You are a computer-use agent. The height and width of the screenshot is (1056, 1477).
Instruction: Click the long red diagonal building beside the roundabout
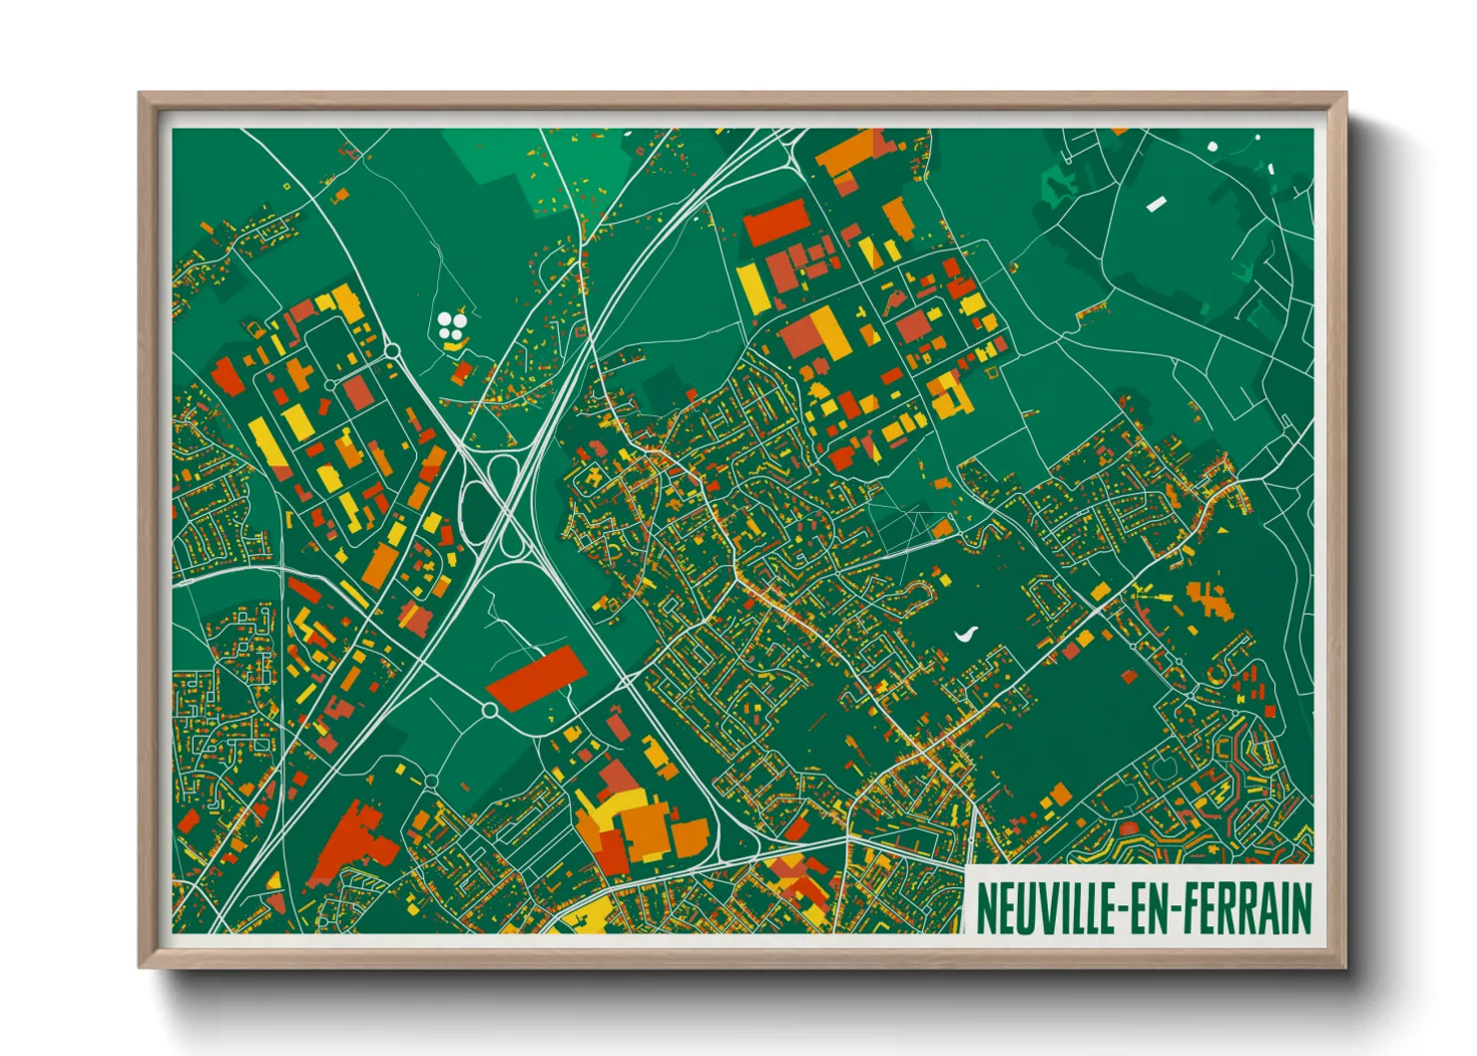tap(534, 678)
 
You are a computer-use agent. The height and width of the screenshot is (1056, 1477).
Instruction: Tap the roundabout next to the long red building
tap(490, 710)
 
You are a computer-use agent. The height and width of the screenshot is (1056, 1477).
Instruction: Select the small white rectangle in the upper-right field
tap(1156, 205)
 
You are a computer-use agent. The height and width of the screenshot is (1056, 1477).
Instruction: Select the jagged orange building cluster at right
tap(1210, 599)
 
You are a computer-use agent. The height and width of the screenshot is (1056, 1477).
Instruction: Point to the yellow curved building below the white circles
tap(455, 344)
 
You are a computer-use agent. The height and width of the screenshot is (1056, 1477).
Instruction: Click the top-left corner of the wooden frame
tap(141, 95)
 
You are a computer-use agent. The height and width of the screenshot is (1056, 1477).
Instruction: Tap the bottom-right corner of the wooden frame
tap(1344, 965)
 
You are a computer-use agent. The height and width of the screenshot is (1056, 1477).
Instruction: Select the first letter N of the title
tap(984, 908)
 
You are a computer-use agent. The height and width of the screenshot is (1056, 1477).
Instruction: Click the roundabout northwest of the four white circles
tap(391, 349)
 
